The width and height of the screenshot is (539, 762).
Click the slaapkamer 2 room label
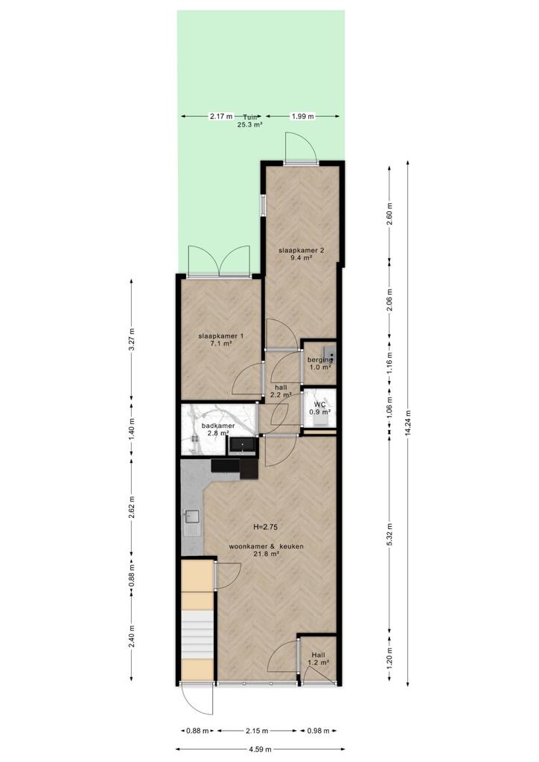pyautogui.click(x=302, y=254)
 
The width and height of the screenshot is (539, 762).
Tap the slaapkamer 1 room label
pyautogui.click(x=221, y=339)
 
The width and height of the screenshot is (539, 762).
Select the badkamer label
pyautogui.click(x=217, y=429)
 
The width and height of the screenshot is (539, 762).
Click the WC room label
pyautogui.click(x=320, y=409)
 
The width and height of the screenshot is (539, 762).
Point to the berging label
pyautogui.click(x=320, y=363)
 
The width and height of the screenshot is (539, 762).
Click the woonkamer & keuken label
pyautogui.click(x=267, y=550)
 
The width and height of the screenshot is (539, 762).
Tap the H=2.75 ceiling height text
pyautogui.click(x=266, y=526)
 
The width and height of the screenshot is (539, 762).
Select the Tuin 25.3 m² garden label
pyautogui.click(x=250, y=120)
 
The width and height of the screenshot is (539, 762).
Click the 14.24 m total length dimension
pyautogui.click(x=408, y=424)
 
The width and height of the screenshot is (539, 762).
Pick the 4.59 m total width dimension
pyautogui.click(x=260, y=749)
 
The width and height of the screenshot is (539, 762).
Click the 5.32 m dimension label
pyautogui.click(x=389, y=533)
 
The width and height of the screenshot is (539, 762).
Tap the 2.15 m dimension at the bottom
pyautogui.click(x=257, y=731)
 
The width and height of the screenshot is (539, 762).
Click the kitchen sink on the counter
pyautogui.click(x=192, y=522)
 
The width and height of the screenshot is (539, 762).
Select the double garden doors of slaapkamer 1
pyautogui.click(x=219, y=261)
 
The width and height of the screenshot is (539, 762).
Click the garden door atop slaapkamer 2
pyautogui.click(x=302, y=149)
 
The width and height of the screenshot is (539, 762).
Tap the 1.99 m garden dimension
pyautogui.click(x=302, y=116)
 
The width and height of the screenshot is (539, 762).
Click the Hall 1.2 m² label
pyautogui.click(x=319, y=658)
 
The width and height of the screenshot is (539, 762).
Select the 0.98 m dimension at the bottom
pyautogui.click(x=319, y=731)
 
